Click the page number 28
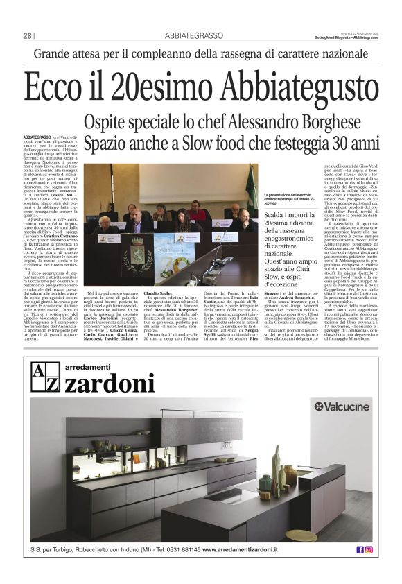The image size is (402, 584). (27, 36)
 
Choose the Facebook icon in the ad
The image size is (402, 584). (360, 549)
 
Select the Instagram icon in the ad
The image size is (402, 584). (369, 549)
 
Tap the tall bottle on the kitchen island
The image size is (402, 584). (276, 463)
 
